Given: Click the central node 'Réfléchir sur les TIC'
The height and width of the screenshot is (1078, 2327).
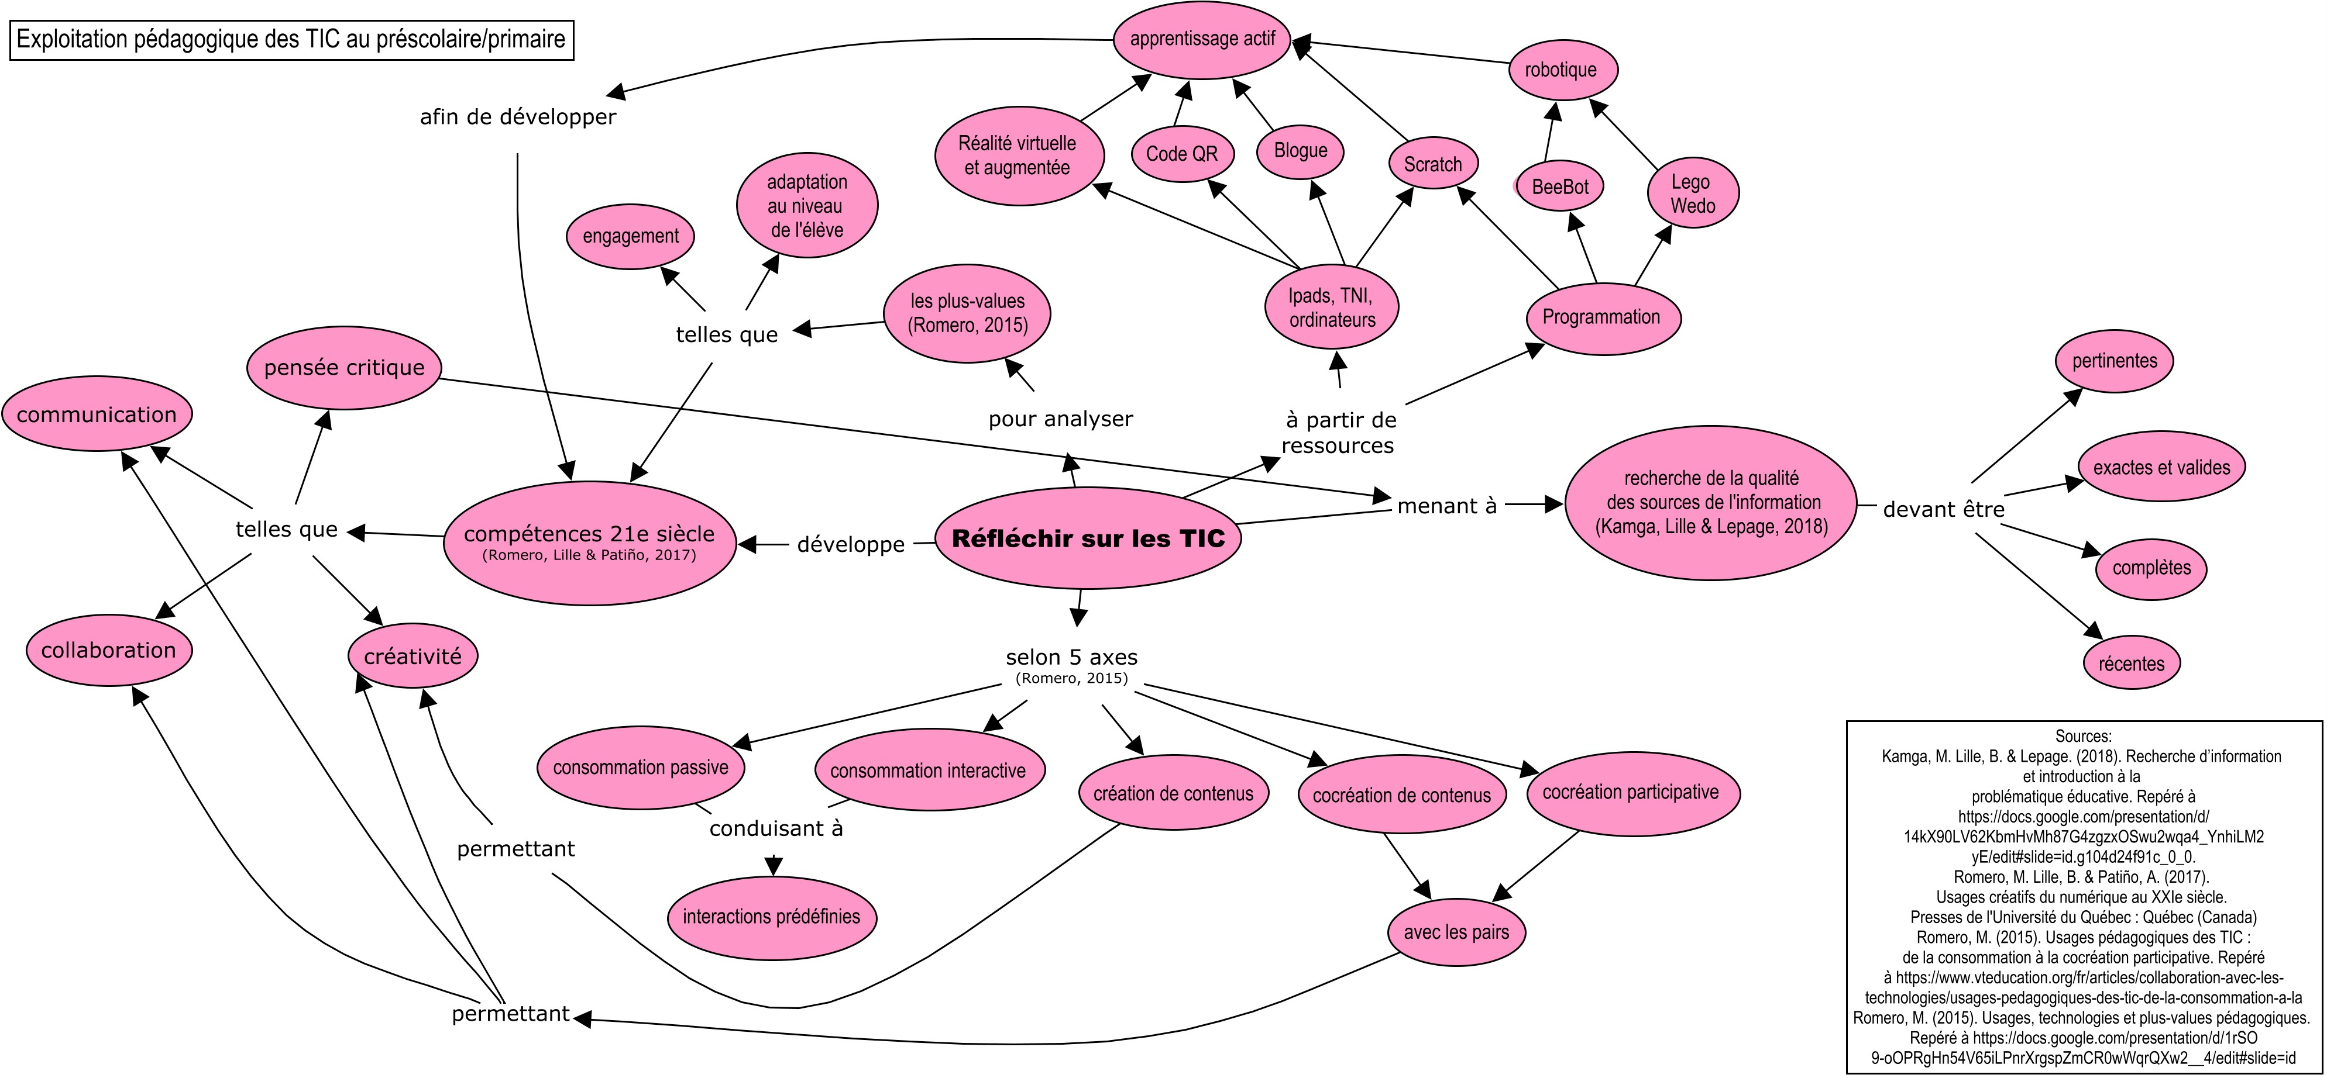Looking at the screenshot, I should coord(1088,539).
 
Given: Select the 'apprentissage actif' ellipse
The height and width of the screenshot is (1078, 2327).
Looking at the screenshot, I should coord(1202,39).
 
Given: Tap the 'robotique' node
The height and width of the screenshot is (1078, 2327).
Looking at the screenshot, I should coord(1560,70).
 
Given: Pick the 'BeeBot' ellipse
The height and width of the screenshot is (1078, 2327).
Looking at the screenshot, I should coord(1559,187).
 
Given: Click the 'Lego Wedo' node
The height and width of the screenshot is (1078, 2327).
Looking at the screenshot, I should coord(1692,193).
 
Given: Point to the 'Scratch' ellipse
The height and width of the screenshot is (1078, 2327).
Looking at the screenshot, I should coord(1433,164).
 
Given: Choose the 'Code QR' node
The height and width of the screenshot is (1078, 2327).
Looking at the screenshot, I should coord(1181,154).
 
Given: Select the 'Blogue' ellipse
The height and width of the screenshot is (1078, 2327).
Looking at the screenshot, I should coord(1300,151).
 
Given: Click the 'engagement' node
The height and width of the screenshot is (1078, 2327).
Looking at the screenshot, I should coord(631,237).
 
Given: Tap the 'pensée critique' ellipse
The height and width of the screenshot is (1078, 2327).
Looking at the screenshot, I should coord(344,368).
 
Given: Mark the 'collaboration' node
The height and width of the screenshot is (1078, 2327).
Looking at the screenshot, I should coord(108,650).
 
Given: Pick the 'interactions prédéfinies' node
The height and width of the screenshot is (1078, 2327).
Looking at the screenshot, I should coord(771,917).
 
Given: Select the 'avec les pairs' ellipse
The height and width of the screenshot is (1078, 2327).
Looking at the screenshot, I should coord(1456,932).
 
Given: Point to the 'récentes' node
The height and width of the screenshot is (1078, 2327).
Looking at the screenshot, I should coord(2131,664).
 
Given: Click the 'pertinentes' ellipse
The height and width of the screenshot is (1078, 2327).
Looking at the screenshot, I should coord(2114,361).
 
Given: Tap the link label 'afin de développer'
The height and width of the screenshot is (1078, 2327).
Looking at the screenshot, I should coord(518,118).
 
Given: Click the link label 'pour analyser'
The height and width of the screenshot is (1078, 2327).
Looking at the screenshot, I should coord(1060,419).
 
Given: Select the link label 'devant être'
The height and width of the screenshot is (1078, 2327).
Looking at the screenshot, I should coord(1943,509).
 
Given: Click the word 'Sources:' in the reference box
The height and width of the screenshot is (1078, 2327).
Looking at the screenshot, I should coord(2083,736).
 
